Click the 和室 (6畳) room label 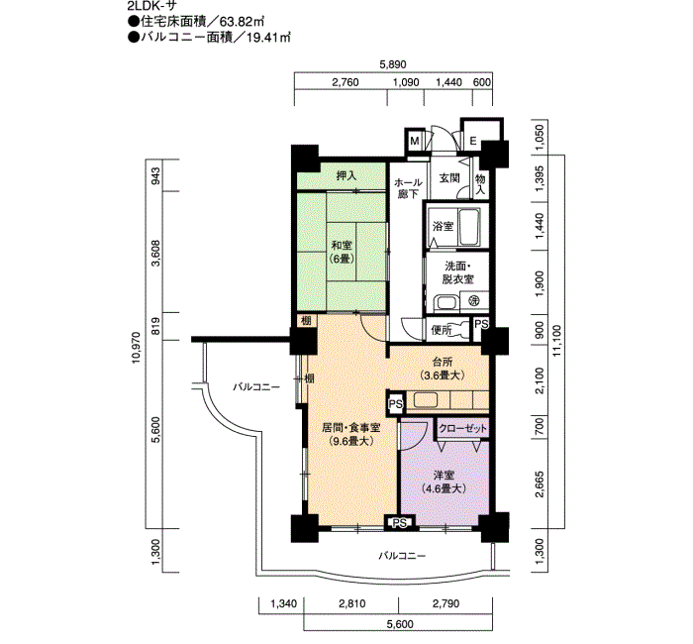[343, 252]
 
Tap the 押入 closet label [346, 175]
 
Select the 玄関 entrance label [449, 177]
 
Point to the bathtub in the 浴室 [469, 227]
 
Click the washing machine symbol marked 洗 [474, 301]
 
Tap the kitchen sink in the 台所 [425, 400]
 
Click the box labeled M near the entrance [415, 141]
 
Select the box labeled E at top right [473, 142]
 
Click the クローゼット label [462, 428]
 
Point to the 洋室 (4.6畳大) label [444, 483]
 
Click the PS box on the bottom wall [400, 523]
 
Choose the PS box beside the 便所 [481, 324]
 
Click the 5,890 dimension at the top [393, 64]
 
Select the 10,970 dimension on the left [136, 347]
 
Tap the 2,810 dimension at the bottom [352, 603]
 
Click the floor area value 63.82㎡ [245, 21]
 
